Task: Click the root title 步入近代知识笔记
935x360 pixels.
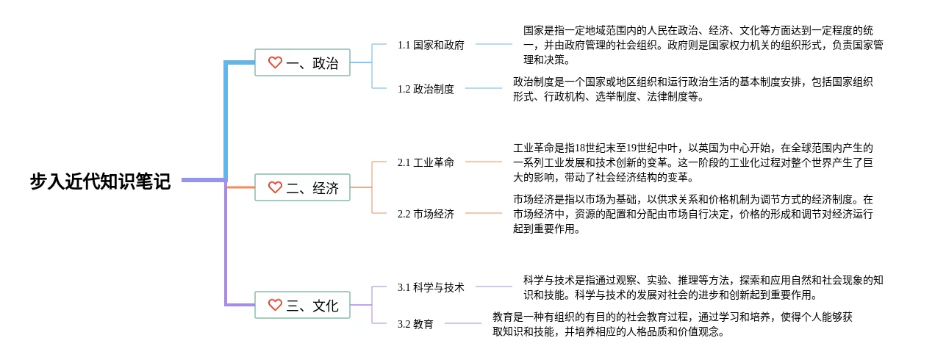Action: (x=100, y=181)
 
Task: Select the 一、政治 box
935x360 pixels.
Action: (x=302, y=62)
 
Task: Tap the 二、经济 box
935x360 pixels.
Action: (x=302, y=187)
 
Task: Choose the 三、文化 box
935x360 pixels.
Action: (x=302, y=305)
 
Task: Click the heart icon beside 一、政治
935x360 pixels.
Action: (x=275, y=62)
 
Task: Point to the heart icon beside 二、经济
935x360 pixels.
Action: (x=275, y=187)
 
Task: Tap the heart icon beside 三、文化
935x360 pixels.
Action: (x=275, y=304)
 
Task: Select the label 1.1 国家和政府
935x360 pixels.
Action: (x=431, y=45)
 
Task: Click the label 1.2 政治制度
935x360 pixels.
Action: (x=426, y=89)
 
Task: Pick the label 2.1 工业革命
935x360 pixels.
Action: (x=426, y=162)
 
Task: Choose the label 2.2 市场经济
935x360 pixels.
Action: (x=426, y=214)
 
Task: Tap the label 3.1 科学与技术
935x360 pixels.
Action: (x=431, y=287)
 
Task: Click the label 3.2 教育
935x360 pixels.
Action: (x=415, y=324)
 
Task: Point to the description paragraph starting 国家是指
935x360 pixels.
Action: (x=703, y=45)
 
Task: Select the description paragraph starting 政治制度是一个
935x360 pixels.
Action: (x=693, y=89)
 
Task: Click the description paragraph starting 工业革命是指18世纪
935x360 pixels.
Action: (x=693, y=162)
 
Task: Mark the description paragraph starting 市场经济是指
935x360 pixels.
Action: (x=693, y=214)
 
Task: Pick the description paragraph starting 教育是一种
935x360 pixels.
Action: (x=673, y=324)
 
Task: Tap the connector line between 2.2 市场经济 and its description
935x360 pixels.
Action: (x=484, y=213)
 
